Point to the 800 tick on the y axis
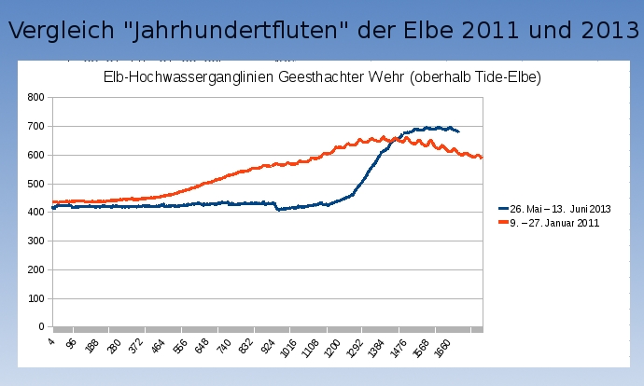[x=36, y=97]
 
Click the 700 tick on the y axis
[x=36, y=126]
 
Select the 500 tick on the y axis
[x=36, y=184]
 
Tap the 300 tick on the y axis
[x=36, y=241]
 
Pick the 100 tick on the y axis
[x=36, y=298]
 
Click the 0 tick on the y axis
[x=41, y=327]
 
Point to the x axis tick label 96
[x=71, y=342]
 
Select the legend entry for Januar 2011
[x=551, y=224]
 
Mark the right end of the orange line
[x=482, y=158]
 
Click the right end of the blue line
[x=458, y=131]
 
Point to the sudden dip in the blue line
[x=278, y=209]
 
